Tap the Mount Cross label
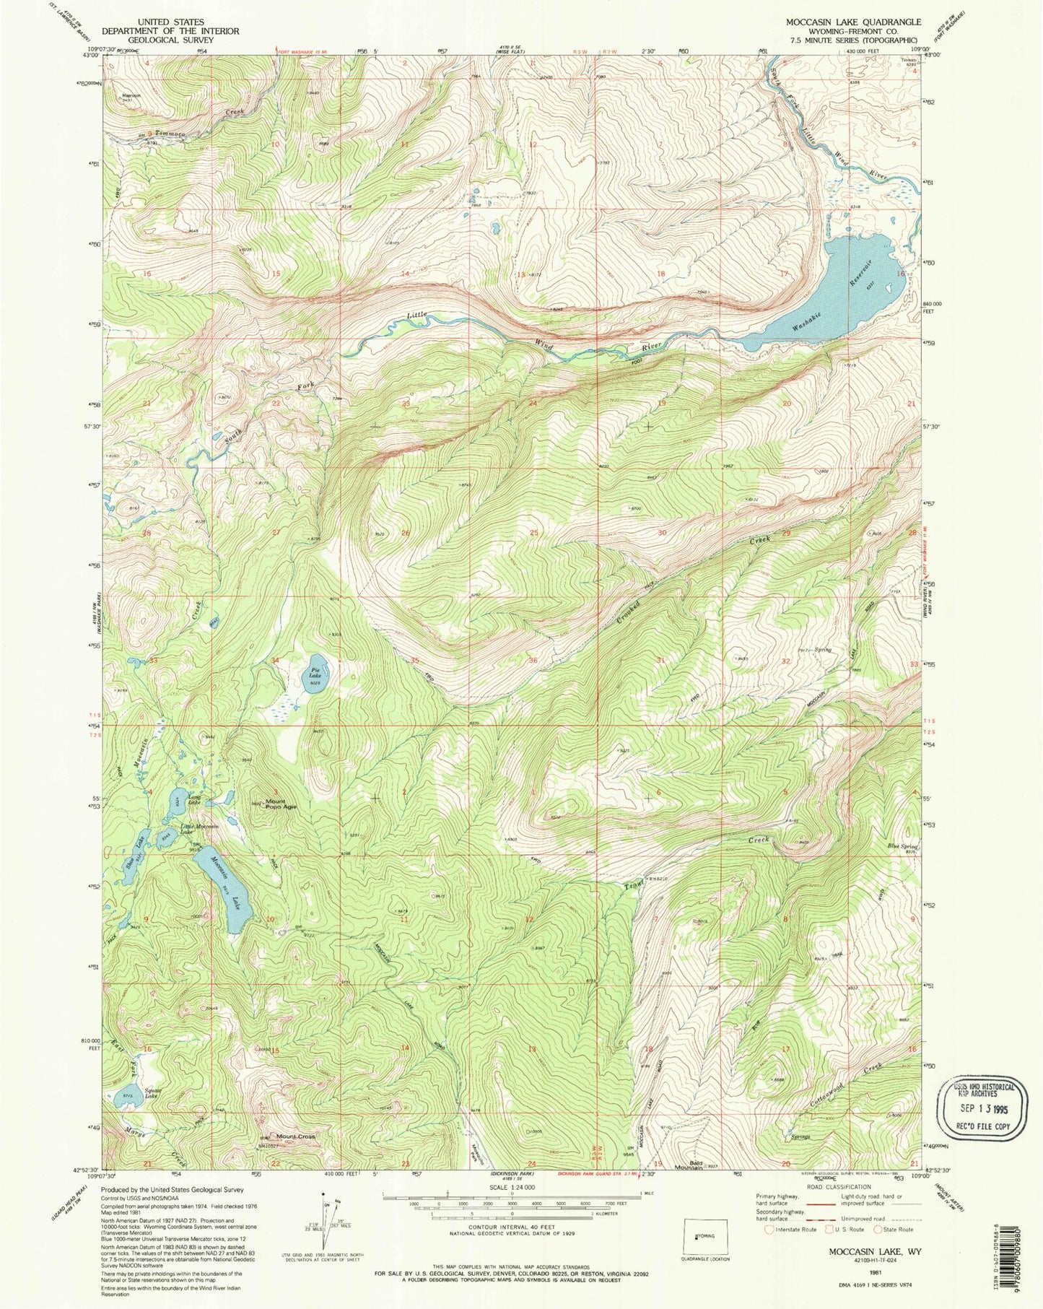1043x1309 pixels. coord(296,1137)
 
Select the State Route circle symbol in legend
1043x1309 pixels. coord(878,1229)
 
